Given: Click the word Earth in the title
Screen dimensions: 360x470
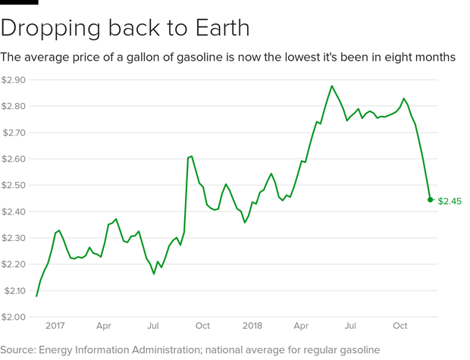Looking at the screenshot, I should pos(213,28).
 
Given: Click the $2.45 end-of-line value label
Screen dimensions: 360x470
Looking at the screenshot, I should pos(450,201).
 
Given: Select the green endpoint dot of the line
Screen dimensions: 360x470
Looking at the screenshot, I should pos(431,200).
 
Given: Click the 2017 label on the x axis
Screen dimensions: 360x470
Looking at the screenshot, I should pos(55,327).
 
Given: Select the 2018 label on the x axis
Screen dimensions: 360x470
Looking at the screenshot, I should pos(252,327).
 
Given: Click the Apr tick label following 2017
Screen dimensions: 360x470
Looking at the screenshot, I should pos(104,327).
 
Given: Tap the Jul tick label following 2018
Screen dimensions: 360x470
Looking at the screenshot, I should pos(351,327).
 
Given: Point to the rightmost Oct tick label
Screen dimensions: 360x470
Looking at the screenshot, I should pos(399,327).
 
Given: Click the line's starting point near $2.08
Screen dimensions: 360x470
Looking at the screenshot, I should pos(36,296).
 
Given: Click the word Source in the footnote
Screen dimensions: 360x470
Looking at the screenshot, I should pos(22,349).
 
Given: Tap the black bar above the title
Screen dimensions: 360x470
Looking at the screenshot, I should pos(19,3).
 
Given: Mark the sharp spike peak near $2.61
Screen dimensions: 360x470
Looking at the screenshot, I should pos(191,156).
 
